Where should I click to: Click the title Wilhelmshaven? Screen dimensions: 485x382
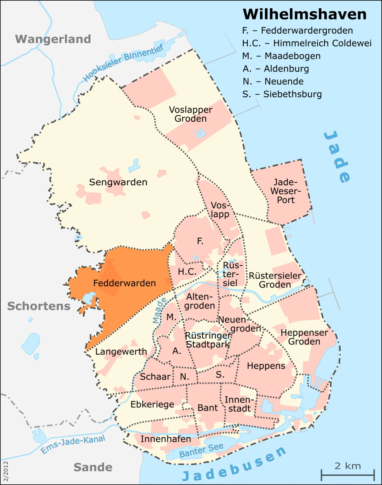click(x=304, y=14)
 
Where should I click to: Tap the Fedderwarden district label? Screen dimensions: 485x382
click(x=124, y=283)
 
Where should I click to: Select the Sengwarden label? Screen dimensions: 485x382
click(x=118, y=182)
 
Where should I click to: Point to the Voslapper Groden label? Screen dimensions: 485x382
click(x=191, y=114)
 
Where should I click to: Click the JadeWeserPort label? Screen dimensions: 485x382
click(x=286, y=191)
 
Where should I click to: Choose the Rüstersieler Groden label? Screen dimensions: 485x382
click(x=275, y=280)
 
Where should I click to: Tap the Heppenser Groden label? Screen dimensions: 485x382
click(x=304, y=337)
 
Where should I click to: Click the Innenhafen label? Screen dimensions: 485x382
click(x=166, y=439)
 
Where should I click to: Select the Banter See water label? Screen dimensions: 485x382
click(x=201, y=450)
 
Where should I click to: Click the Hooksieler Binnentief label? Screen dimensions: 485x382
click(x=123, y=63)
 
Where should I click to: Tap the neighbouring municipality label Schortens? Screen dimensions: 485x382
click(x=39, y=306)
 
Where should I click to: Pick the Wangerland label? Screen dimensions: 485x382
click(x=53, y=39)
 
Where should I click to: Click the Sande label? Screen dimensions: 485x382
click(x=93, y=467)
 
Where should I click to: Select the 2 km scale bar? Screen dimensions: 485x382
click(x=348, y=475)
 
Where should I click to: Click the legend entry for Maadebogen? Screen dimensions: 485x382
click(x=281, y=56)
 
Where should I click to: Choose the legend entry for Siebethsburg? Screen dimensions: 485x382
click(x=282, y=94)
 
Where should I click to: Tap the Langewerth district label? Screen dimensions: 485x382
click(x=121, y=352)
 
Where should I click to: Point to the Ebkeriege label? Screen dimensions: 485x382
click(x=152, y=404)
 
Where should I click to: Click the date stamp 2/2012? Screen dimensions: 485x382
click(x=6, y=471)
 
